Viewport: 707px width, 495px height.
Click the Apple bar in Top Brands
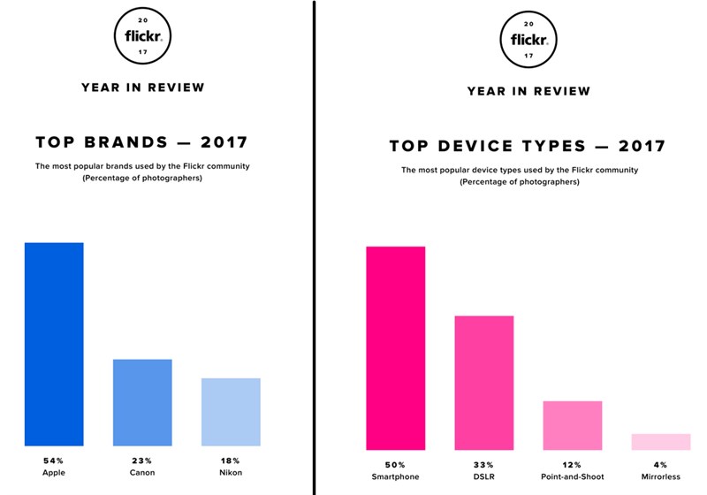click(x=54, y=344)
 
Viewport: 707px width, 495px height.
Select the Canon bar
click(x=142, y=402)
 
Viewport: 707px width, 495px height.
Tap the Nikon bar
click(x=231, y=412)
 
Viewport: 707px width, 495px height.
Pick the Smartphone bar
click(x=395, y=346)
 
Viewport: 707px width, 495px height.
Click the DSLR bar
click(x=483, y=381)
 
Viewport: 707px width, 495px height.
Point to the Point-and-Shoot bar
click(x=572, y=424)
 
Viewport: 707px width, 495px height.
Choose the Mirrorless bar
click(x=660, y=441)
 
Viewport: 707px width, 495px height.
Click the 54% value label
click(x=54, y=461)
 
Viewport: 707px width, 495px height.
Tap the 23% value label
click(x=142, y=461)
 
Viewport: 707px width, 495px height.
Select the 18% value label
click(x=231, y=461)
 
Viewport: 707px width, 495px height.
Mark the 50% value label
click(x=395, y=464)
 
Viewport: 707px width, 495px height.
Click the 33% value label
click(x=483, y=464)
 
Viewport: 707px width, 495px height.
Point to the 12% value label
click(x=572, y=464)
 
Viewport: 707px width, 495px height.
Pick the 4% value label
click(x=660, y=464)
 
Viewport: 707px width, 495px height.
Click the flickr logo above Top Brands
click(x=142, y=35)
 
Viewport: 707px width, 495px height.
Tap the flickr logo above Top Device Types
click(x=528, y=39)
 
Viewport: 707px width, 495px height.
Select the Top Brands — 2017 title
click(x=141, y=141)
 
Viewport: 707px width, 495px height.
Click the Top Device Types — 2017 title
click(x=528, y=146)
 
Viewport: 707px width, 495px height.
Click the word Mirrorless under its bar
click(x=660, y=476)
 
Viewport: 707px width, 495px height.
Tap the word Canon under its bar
click(x=142, y=473)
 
